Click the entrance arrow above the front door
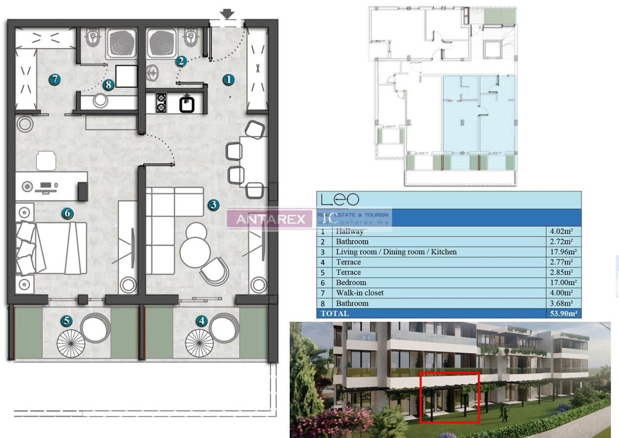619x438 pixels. point(227,15)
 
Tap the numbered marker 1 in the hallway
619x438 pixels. point(228,80)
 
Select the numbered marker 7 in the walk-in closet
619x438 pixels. point(54,79)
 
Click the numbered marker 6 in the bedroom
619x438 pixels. point(67,213)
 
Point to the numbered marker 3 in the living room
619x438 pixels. point(213,205)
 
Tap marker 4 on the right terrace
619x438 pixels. point(202,320)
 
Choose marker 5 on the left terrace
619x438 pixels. point(66,320)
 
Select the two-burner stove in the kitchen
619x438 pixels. point(161,103)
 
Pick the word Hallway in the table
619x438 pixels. point(350,231)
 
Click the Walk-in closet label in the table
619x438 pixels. point(359,293)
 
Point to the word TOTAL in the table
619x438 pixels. point(335,314)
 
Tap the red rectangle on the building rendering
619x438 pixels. point(450,397)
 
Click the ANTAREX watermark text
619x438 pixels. point(267,219)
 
